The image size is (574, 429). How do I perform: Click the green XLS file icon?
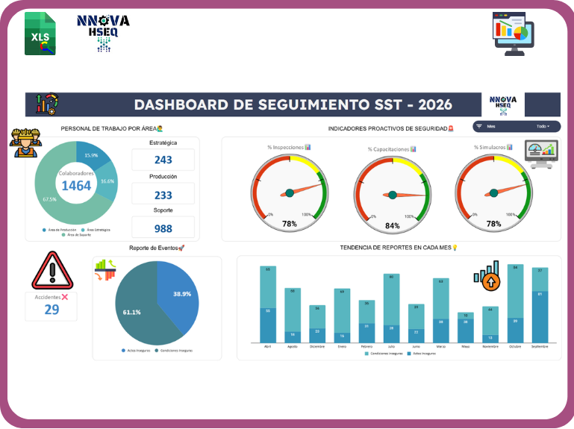(40, 34)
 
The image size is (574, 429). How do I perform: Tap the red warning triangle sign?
(52, 271)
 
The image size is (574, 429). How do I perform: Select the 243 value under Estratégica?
(163, 160)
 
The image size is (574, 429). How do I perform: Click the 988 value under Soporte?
(163, 228)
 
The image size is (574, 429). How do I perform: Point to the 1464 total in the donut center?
(76, 186)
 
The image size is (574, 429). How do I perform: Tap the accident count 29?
(52, 309)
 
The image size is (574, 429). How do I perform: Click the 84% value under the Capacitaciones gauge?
(392, 225)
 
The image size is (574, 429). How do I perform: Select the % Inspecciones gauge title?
(289, 148)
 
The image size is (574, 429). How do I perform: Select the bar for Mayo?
(466, 327)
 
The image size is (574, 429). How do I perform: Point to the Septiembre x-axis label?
(540, 346)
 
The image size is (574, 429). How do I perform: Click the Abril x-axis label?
(268, 346)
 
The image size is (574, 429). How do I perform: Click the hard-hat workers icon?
(25, 143)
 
